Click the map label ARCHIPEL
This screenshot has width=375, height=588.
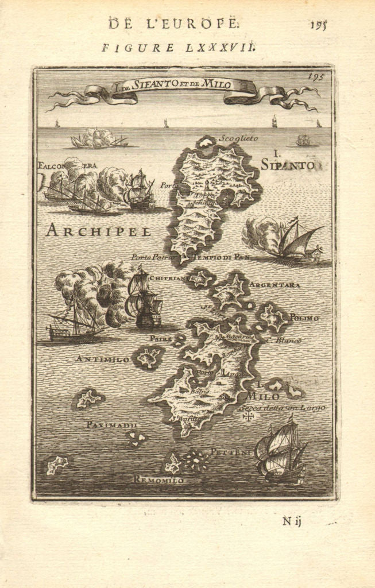[98, 231]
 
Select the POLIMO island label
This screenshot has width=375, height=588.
[304, 317]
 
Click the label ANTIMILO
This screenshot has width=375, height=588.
[103, 359]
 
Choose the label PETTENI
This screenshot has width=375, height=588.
[230, 452]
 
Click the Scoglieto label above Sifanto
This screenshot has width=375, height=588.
[238, 138]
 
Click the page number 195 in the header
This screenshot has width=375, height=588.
[318, 25]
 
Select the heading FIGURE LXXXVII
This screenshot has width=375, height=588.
[178, 48]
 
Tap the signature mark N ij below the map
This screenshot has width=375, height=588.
[292, 521]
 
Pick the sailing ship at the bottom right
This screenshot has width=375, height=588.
[281, 450]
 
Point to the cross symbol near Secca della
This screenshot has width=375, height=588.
[248, 415]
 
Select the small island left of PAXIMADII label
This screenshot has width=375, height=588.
[88, 398]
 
